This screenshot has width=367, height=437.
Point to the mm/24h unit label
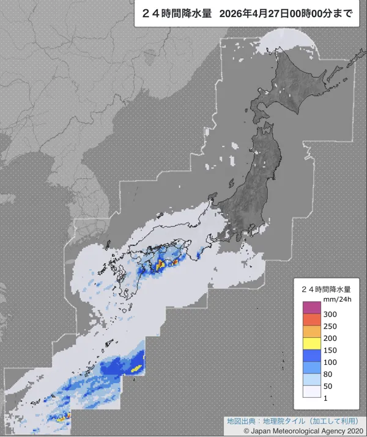click(333, 299)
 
